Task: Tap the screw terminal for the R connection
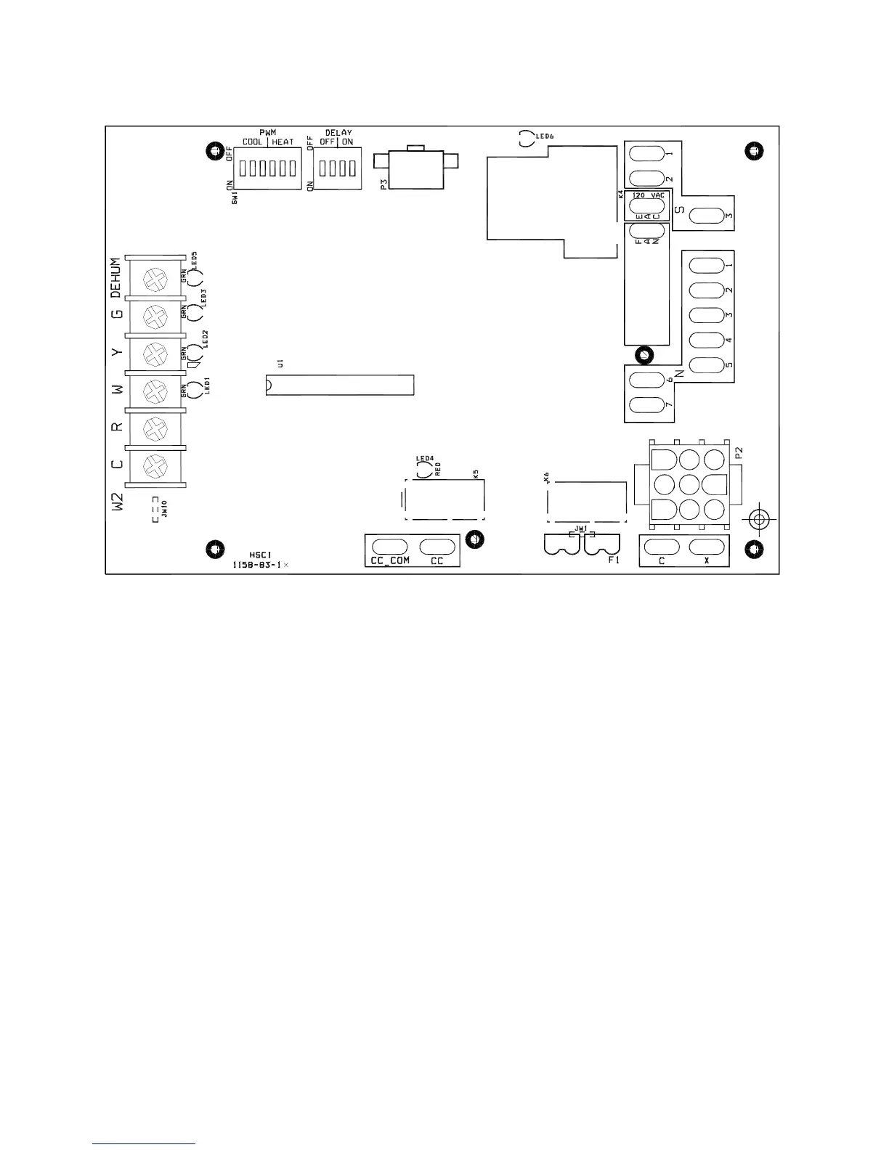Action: tap(154, 428)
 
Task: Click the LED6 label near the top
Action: tap(545, 136)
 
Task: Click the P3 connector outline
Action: tap(415, 170)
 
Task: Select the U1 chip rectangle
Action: tap(339, 385)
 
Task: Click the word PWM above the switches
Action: tap(268, 133)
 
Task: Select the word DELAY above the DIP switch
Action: tap(338, 133)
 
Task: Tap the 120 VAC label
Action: tap(649, 195)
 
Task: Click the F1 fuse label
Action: tap(612, 560)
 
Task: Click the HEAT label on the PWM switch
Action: tap(283, 142)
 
